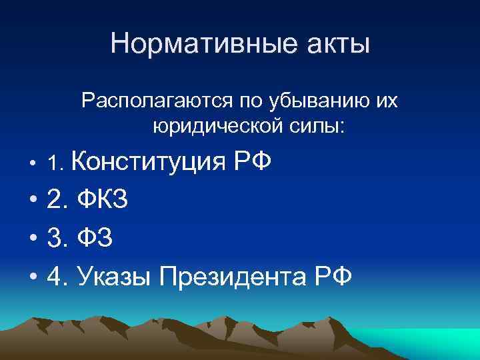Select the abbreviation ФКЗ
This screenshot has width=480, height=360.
pyautogui.click(x=103, y=199)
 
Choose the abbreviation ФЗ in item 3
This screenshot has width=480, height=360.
pyautogui.click(x=95, y=237)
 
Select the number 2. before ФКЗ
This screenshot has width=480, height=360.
pyautogui.click(x=57, y=199)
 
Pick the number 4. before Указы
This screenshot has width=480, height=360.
pyautogui.click(x=57, y=275)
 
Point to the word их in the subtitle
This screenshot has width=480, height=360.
pyautogui.click(x=386, y=101)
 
